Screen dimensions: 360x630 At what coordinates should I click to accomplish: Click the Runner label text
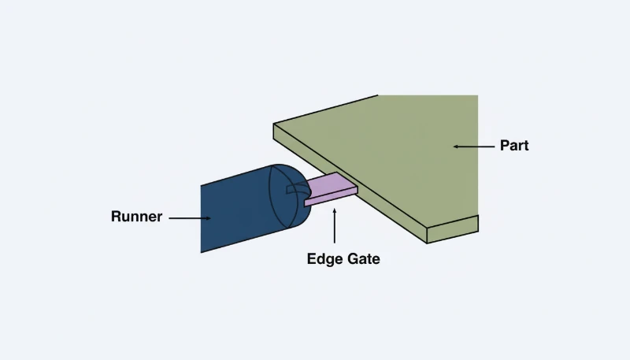[x=136, y=217]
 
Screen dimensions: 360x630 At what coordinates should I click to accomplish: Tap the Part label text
[x=513, y=146]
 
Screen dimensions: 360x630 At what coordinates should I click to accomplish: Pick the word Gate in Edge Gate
[x=361, y=258]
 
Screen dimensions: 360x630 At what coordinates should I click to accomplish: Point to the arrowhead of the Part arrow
[x=456, y=146]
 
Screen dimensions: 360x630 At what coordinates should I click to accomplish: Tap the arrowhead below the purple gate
[x=335, y=213]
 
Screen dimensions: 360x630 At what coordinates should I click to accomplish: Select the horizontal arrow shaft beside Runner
[x=185, y=217]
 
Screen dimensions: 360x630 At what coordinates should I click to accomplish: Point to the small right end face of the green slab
[x=452, y=229]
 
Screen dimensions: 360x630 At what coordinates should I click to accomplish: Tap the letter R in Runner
[x=116, y=217]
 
